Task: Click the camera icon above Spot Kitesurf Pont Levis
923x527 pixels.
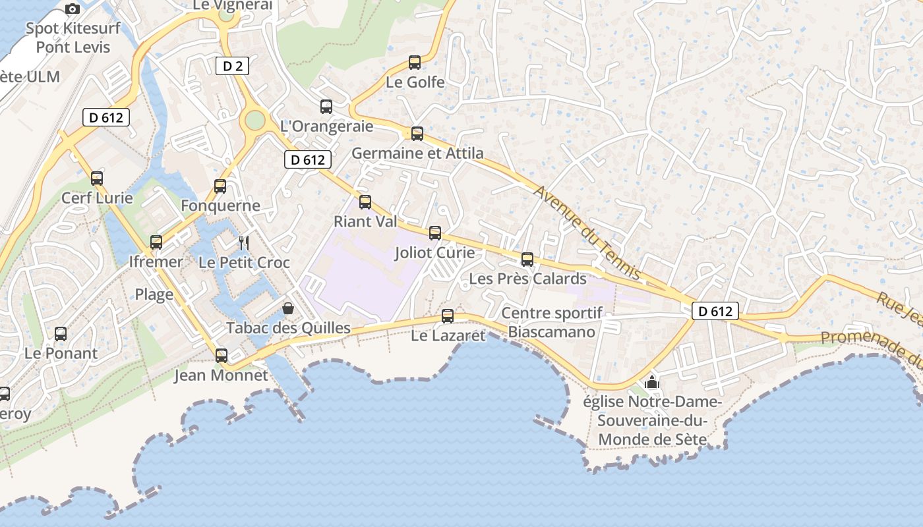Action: point(73,9)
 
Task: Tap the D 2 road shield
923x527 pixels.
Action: point(232,65)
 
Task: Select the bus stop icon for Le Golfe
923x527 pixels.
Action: point(415,63)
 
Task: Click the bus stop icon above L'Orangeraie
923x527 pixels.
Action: point(326,107)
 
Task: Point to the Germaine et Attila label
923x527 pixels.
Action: point(417,153)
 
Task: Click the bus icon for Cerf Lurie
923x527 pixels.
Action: point(97,178)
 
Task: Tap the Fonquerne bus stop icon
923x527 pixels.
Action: point(220,186)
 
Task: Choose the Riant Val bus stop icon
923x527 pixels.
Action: point(365,202)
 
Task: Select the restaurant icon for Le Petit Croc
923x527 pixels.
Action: point(244,242)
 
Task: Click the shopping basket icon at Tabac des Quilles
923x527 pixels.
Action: point(288,308)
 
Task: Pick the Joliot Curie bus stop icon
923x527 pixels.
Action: point(435,233)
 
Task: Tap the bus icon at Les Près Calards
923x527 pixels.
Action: point(527,259)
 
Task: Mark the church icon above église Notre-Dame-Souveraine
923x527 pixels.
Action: point(652,381)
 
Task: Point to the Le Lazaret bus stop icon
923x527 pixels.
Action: point(448,316)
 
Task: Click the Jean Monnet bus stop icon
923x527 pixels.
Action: point(222,356)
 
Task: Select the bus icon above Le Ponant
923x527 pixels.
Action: point(61,333)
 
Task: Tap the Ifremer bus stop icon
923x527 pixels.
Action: point(156,242)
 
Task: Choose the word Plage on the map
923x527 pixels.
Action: point(154,294)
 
